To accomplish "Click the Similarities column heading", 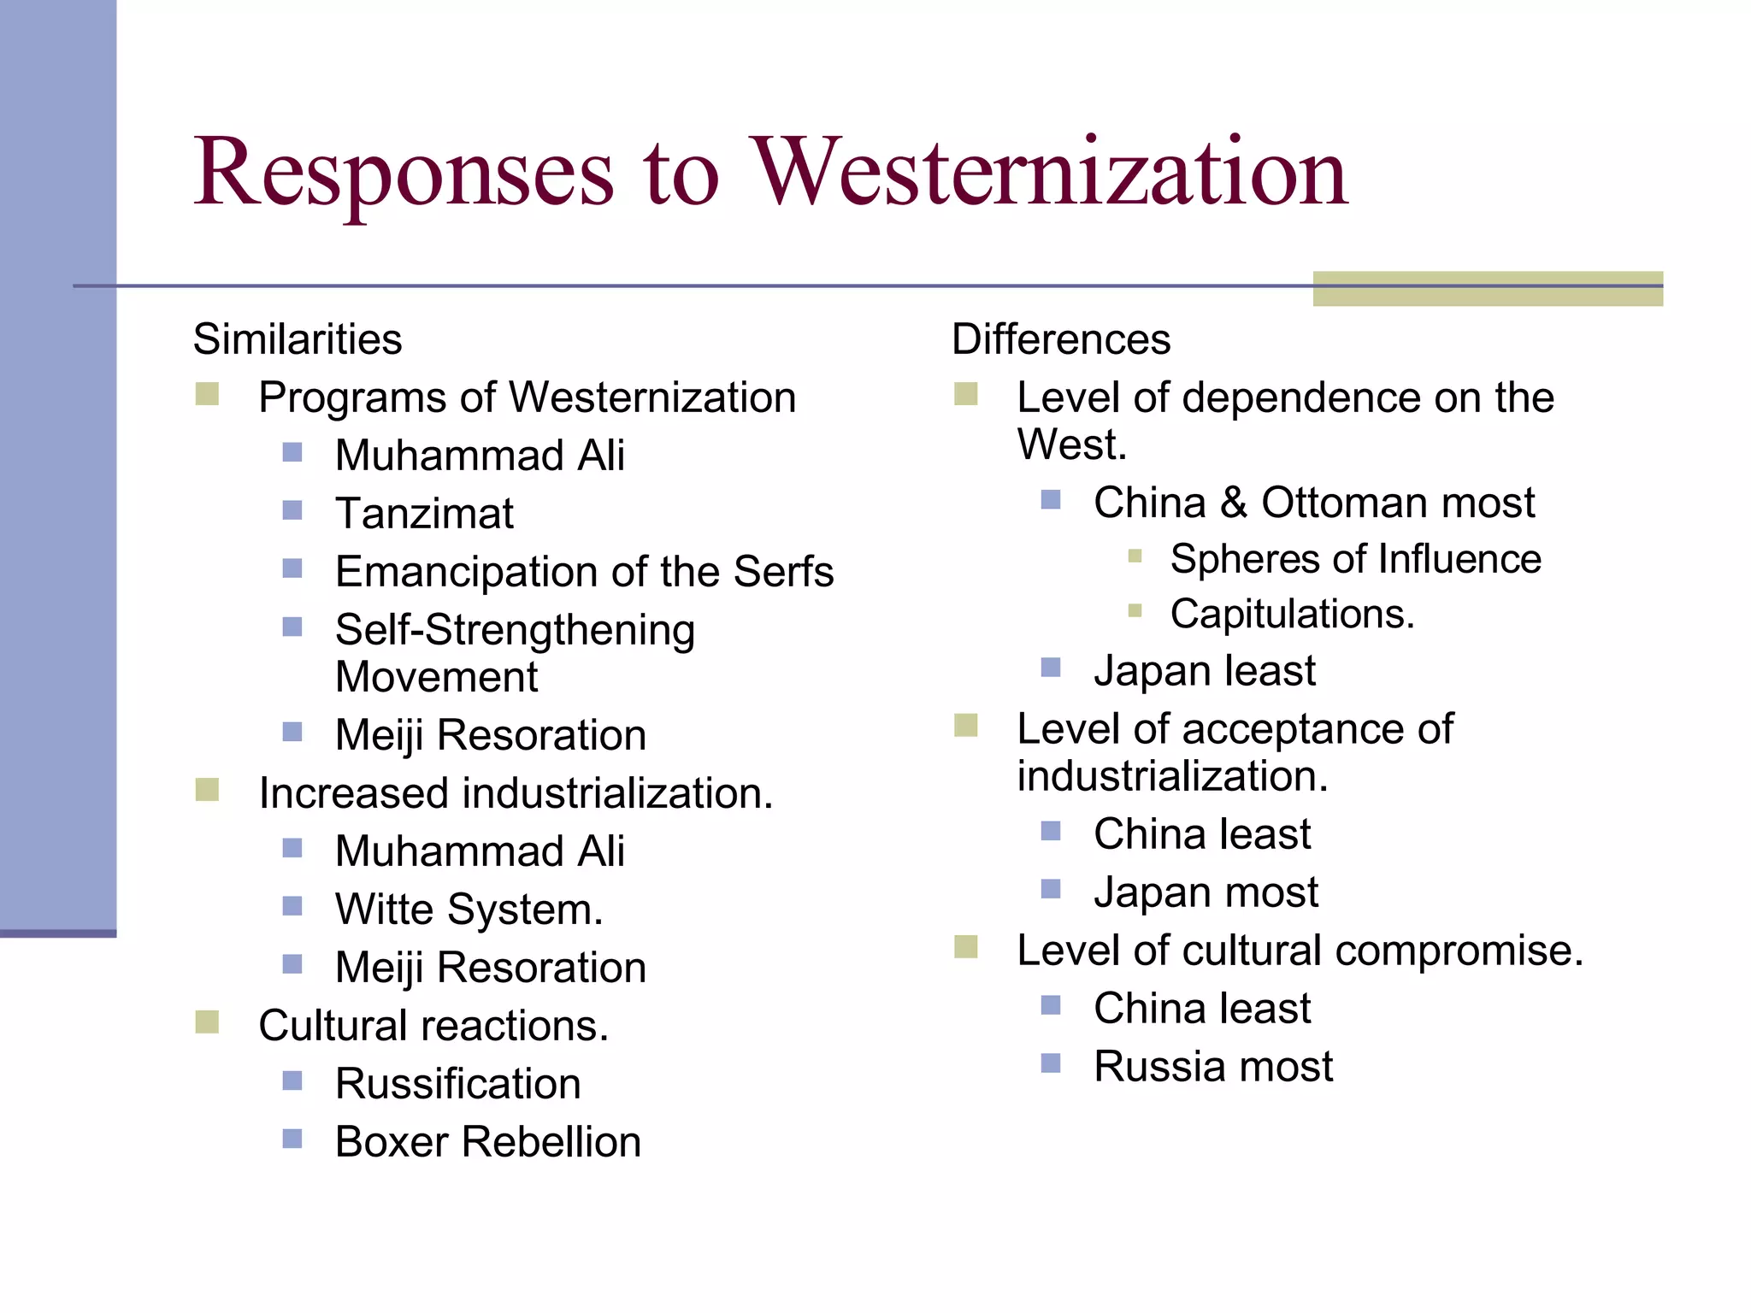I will click(x=298, y=339).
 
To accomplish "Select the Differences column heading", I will click(x=1060, y=339).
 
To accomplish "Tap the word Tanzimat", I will click(x=424, y=514).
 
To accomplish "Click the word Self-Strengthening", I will click(x=515, y=631).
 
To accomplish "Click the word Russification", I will click(x=457, y=1084).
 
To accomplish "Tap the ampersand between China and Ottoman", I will click(x=1233, y=503).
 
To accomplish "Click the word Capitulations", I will click(x=1292, y=615).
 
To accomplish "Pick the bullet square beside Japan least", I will click(x=1051, y=668).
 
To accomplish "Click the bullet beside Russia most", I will click(x=1051, y=1063).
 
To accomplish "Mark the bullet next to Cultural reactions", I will click(x=207, y=1022).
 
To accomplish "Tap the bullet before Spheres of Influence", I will click(x=1135, y=556).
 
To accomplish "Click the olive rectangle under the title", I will click(x=1487, y=289).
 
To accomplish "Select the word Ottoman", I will click(x=1346, y=503).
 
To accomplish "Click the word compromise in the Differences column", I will click(x=1459, y=951).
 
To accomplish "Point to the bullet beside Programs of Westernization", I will click(x=207, y=394).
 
